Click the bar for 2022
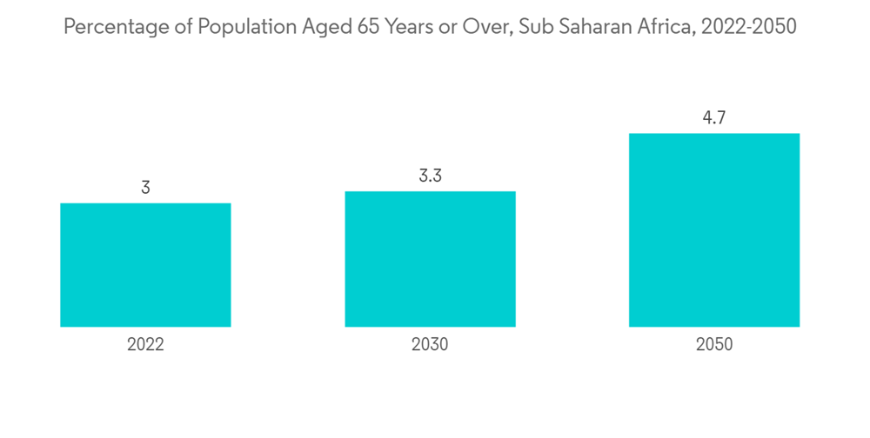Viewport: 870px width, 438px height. point(145,265)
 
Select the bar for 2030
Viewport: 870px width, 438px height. point(430,259)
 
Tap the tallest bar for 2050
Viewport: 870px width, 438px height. point(714,230)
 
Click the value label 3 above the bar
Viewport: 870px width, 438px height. point(145,187)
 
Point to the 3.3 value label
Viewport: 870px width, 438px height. point(430,176)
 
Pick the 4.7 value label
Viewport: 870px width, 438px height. point(714,117)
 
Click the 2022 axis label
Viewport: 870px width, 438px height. point(145,345)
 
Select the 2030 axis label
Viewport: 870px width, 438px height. point(430,345)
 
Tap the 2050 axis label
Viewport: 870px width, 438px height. point(714,345)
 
